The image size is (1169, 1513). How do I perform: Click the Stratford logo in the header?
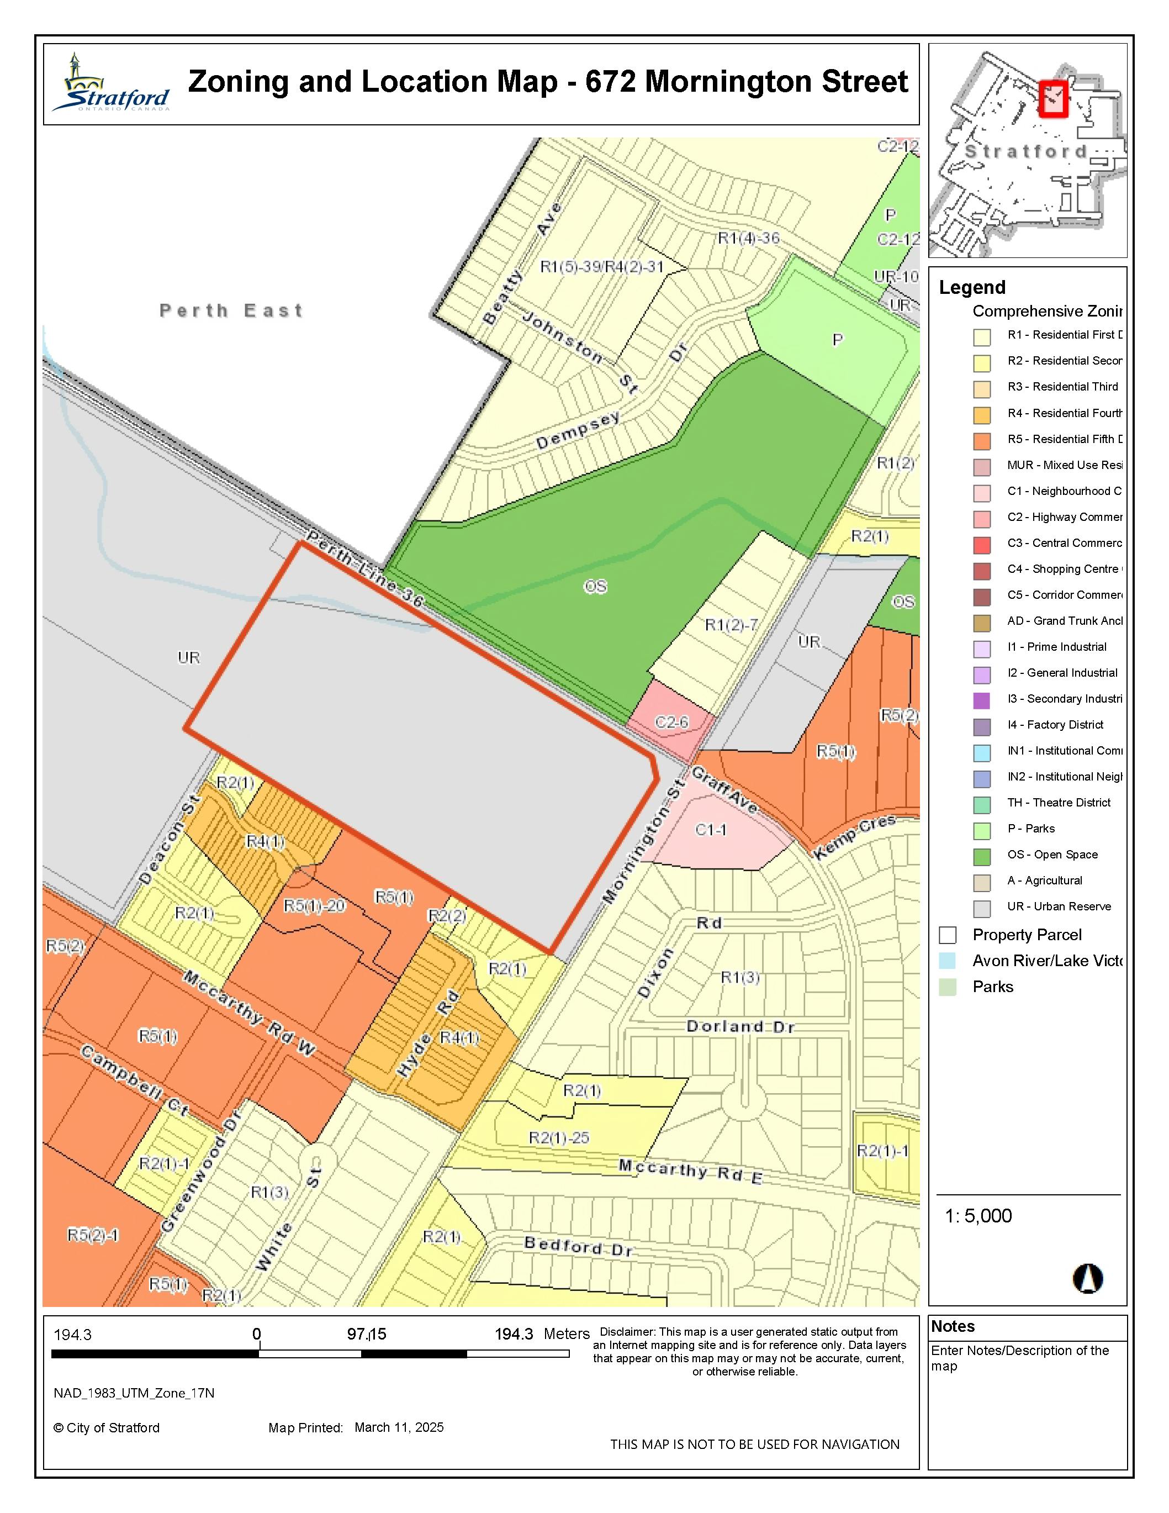pyautogui.click(x=111, y=85)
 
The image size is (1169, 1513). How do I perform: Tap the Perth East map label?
pyautogui.click(x=231, y=310)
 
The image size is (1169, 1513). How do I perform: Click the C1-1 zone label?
pyautogui.click(x=711, y=829)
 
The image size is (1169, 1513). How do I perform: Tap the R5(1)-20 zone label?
pyautogui.click(x=314, y=906)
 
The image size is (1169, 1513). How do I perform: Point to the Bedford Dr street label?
pyautogui.click(x=578, y=1246)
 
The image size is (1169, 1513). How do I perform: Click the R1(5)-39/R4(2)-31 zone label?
pyautogui.click(x=602, y=267)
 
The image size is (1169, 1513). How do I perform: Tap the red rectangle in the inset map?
pyautogui.click(x=1054, y=98)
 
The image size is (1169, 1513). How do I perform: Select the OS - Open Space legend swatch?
pyautogui.click(x=982, y=856)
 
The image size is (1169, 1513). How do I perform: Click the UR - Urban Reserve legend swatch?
pyautogui.click(x=982, y=908)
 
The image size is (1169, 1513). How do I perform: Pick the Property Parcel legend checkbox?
pyautogui.click(x=948, y=935)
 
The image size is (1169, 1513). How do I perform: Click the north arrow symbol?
pyautogui.click(x=1087, y=1278)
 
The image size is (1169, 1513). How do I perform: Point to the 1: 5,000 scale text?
pyautogui.click(x=978, y=1216)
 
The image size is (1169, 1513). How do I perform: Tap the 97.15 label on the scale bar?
pyautogui.click(x=366, y=1333)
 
